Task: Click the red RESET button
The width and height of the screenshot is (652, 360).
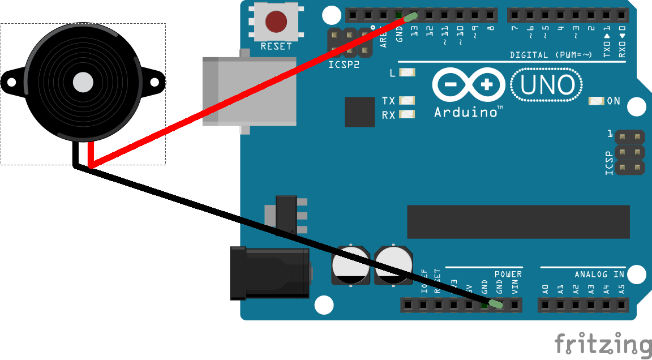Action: click(x=276, y=21)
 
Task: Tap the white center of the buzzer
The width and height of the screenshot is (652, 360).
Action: click(x=83, y=83)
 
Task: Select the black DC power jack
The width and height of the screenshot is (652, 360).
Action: click(x=269, y=273)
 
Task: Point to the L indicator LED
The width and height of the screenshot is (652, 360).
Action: click(x=407, y=72)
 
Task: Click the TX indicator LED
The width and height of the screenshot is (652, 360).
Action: click(x=407, y=101)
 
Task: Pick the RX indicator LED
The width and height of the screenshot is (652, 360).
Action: click(x=407, y=114)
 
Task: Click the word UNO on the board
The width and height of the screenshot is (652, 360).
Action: click(x=547, y=85)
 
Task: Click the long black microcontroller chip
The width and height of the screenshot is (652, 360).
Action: click(x=518, y=222)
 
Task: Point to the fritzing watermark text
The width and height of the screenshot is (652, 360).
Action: click(x=602, y=344)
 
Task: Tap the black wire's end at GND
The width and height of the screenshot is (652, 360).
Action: click(x=496, y=305)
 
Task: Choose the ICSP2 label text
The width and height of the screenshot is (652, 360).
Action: click(x=343, y=65)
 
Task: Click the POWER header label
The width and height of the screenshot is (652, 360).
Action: click(x=508, y=275)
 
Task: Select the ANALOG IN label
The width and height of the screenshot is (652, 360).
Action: click(x=599, y=275)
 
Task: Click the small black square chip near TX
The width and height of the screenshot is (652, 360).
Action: click(x=360, y=112)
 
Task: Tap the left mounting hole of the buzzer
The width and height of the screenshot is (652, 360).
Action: click(x=11, y=83)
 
